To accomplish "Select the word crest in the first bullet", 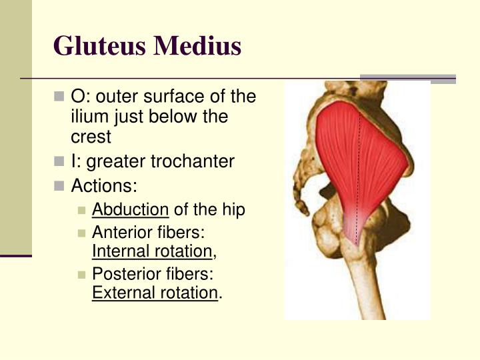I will pos(91,137).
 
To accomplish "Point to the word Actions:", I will pos(103,185).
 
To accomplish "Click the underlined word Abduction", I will pos(130,210).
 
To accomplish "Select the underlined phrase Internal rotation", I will pos(152,251).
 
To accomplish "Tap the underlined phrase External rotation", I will pos(155,293).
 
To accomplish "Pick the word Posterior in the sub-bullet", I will pos(122,274).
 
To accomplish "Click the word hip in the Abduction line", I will pos(233,210).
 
